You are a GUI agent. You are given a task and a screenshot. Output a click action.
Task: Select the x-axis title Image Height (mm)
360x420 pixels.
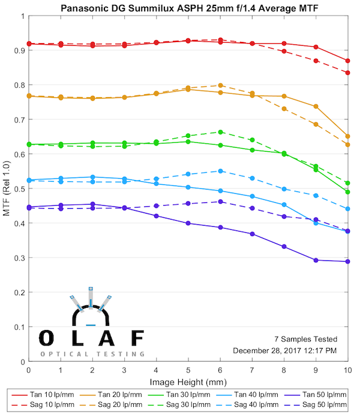[188, 381]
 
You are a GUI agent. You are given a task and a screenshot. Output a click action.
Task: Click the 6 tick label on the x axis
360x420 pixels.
[220, 370]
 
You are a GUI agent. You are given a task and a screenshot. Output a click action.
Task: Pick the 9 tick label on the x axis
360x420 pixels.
[316, 370]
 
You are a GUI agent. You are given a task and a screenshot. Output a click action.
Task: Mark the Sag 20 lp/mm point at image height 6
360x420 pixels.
[220, 85]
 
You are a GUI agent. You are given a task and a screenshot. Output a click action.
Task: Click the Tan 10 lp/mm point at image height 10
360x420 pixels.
[347, 61]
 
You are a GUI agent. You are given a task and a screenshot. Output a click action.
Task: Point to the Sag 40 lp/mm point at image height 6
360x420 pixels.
[220, 171]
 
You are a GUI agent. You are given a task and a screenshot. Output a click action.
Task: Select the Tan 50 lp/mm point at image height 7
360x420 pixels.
[252, 234]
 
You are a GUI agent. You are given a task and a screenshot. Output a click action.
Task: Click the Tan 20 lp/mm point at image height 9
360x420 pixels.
[316, 106]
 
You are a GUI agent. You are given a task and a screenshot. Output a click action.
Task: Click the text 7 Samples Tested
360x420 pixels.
[305, 339]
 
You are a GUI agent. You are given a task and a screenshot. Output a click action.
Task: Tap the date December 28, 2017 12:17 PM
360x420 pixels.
[284, 350]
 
